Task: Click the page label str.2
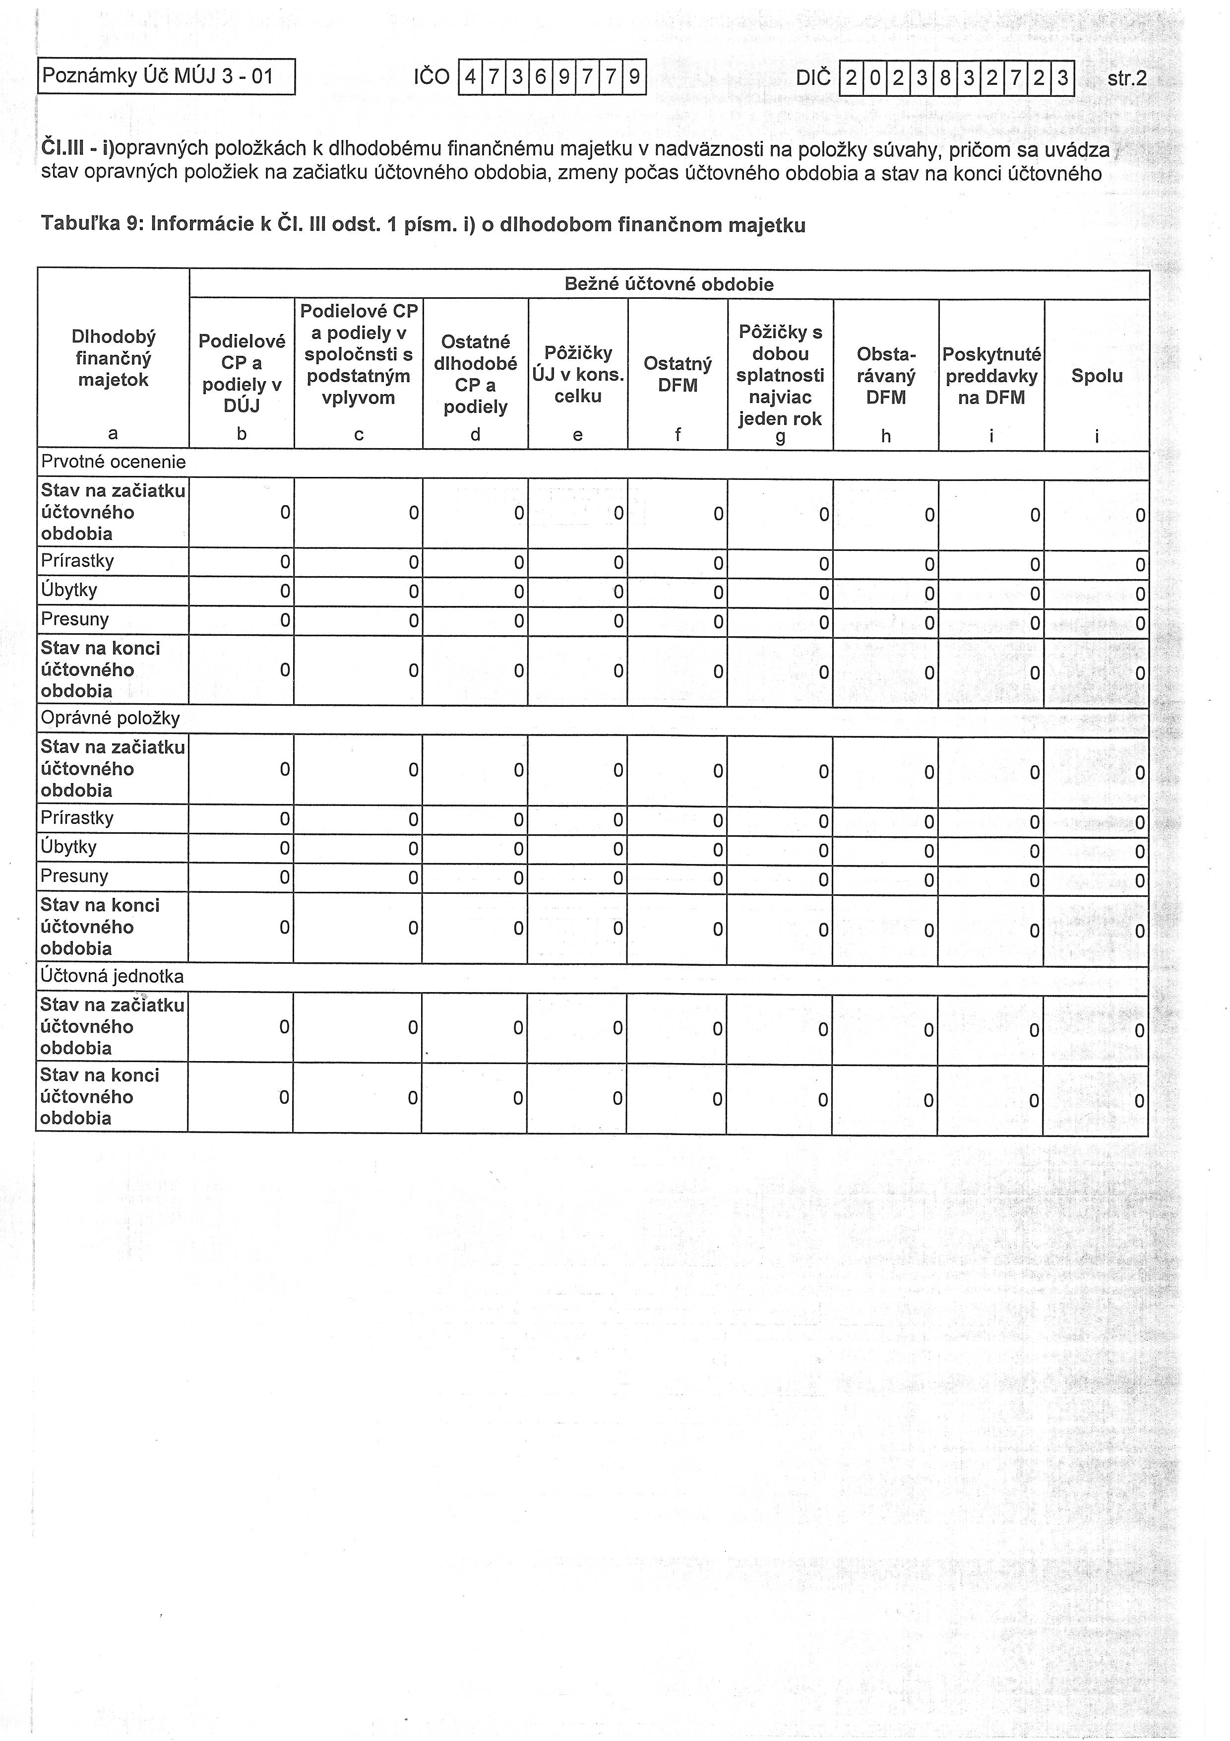click(1126, 78)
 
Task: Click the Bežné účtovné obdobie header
click(669, 284)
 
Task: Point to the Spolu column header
click(1097, 375)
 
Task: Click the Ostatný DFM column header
click(677, 375)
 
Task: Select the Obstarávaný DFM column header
click(886, 375)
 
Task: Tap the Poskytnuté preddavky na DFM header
click(991, 375)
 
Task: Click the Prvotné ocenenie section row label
click(114, 462)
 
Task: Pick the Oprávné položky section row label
click(111, 718)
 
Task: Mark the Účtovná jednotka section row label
click(112, 976)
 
